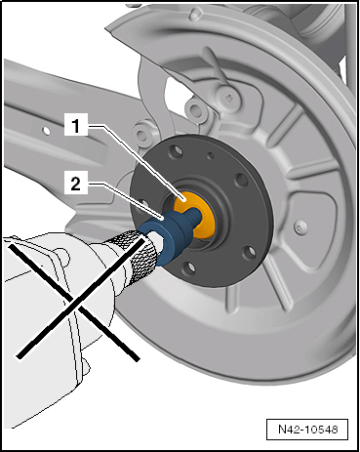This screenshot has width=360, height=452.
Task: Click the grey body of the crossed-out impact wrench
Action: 49,293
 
